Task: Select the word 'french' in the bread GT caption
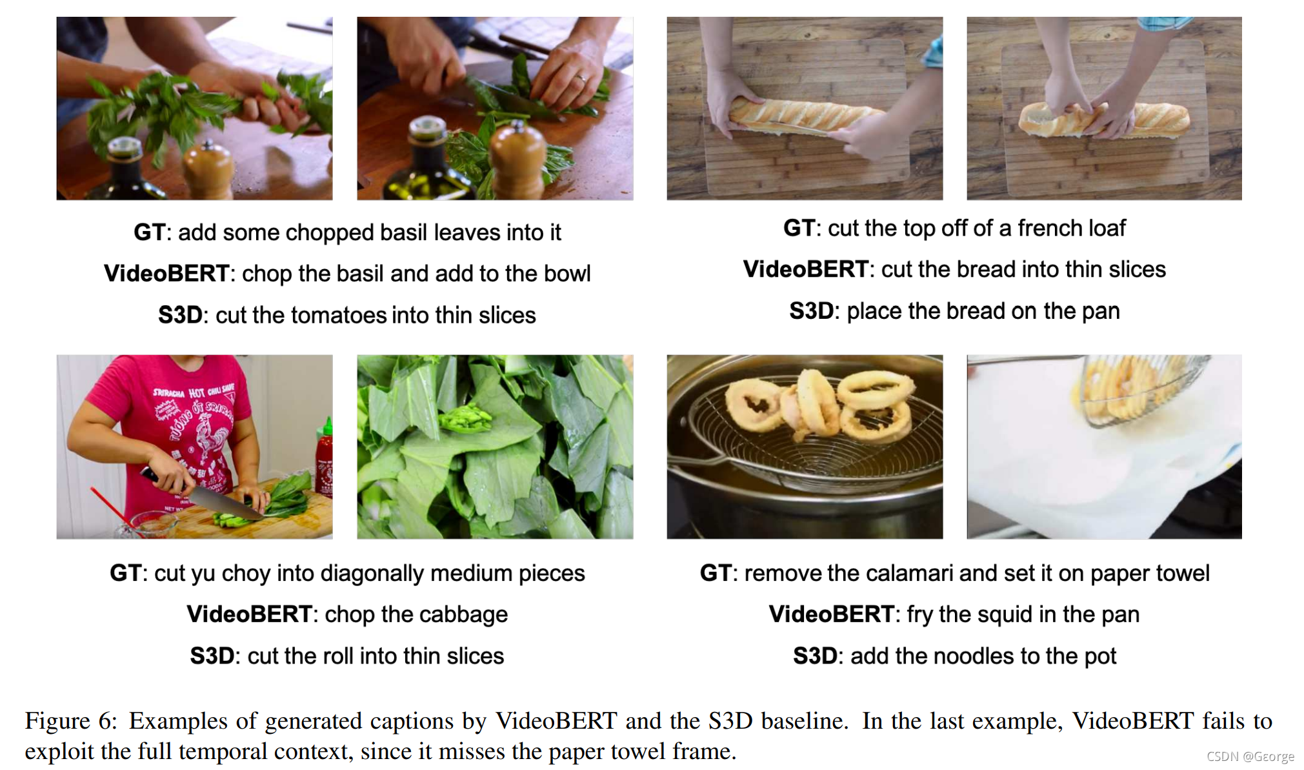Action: coord(1052,228)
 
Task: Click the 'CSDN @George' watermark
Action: coord(1250,756)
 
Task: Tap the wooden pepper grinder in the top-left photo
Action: coord(208,171)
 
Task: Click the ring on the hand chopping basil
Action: coord(581,79)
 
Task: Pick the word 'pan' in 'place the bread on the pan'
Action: coord(1102,311)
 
